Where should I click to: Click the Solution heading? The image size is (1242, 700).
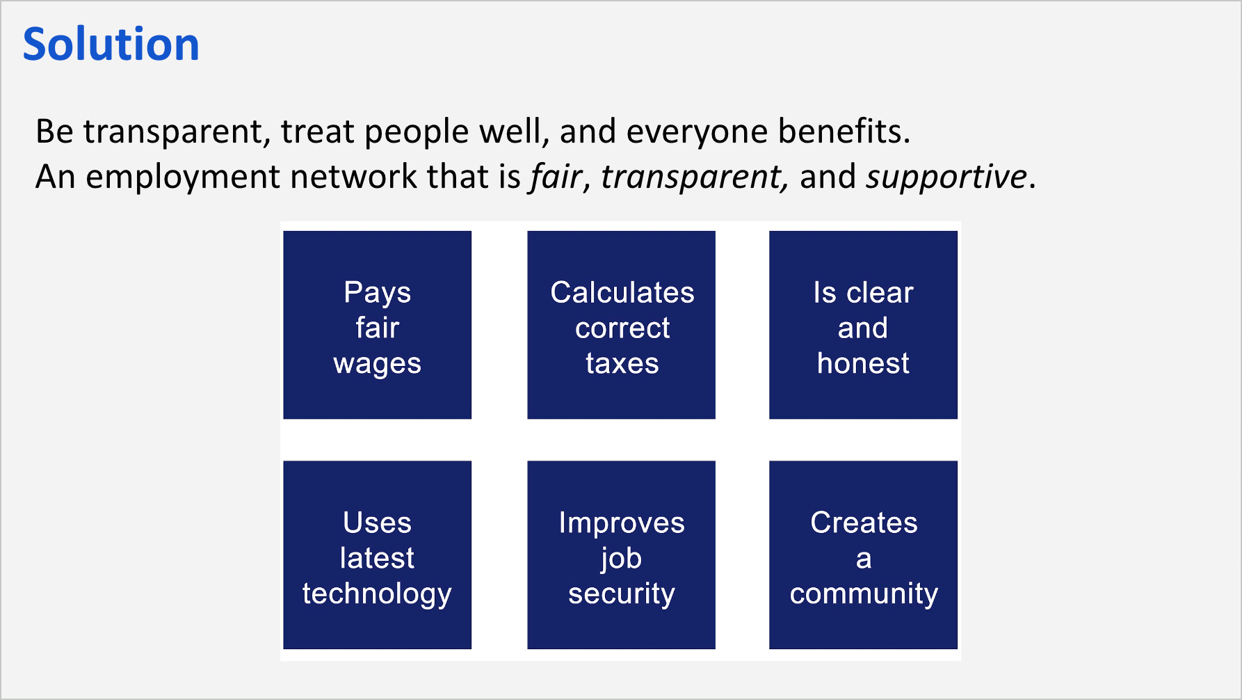(111, 45)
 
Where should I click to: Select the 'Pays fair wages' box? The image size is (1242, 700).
(377, 325)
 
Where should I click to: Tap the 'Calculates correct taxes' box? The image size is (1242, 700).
(621, 325)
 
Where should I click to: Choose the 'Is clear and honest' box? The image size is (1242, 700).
(863, 325)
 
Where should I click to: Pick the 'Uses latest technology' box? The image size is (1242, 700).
(377, 555)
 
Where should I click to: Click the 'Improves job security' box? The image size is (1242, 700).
(621, 555)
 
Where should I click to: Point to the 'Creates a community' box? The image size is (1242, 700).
(863, 555)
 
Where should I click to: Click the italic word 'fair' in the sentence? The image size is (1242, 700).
(555, 177)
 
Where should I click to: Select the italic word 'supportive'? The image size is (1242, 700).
(946, 177)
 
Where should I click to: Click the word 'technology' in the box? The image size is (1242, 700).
(377, 594)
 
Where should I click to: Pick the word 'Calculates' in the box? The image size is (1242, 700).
(622, 293)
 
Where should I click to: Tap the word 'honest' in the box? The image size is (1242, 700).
(863, 363)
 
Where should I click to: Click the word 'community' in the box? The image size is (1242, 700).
(864, 594)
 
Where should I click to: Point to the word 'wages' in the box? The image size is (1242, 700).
(377, 364)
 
